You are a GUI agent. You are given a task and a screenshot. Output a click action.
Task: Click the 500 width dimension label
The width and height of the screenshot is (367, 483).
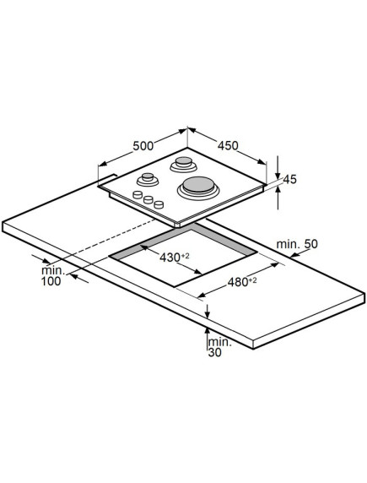click(x=143, y=146)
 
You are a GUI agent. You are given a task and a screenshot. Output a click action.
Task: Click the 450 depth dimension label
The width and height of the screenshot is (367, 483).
click(x=228, y=146)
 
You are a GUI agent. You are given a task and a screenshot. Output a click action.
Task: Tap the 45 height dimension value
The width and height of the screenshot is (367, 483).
click(x=289, y=179)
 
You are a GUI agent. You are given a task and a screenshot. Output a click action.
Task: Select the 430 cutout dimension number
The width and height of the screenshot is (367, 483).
click(x=170, y=258)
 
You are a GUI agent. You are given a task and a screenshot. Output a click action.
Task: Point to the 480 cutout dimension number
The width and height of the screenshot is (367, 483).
click(x=238, y=282)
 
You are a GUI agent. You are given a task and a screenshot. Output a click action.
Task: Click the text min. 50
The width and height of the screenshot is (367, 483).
click(x=297, y=244)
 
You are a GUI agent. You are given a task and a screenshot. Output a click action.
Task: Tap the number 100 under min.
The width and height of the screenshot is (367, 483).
click(x=51, y=281)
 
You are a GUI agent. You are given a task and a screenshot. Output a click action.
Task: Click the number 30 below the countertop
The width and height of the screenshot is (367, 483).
click(x=215, y=353)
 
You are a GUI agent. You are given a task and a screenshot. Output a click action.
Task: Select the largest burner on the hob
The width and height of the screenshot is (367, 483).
click(x=198, y=187)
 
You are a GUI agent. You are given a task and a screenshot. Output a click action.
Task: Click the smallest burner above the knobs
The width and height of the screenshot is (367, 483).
click(x=148, y=180)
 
